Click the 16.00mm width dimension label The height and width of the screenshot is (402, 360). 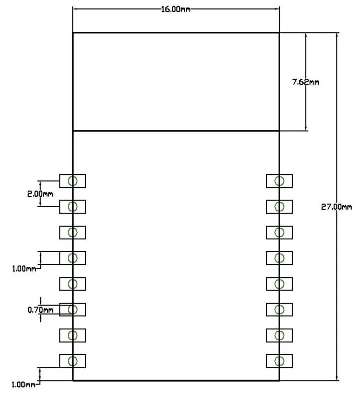(175, 9)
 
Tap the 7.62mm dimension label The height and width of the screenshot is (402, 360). (305, 81)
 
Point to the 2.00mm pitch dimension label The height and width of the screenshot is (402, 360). (40, 194)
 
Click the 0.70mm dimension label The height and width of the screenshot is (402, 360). (40, 310)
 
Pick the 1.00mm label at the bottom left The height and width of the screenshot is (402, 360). (23, 384)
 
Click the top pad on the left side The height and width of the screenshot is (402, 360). (73, 181)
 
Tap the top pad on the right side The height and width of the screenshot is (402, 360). (279, 181)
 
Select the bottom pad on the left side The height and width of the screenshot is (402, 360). (73, 361)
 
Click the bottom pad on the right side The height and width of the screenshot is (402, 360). (279, 361)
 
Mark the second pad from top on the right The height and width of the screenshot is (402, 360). (279, 206)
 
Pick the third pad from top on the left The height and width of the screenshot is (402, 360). (73, 232)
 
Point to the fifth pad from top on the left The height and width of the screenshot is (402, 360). (73, 284)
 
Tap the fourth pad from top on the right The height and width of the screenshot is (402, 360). (279, 258)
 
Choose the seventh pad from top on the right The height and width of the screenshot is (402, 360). (279, 335)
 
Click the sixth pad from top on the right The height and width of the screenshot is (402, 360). (279, 309)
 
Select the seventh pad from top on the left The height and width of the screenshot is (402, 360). (73, 335)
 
